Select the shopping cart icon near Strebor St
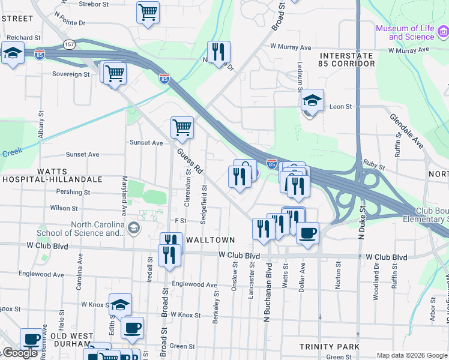(148, 12)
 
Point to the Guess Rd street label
(191, 161)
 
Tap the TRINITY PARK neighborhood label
(330, 347)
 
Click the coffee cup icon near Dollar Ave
(308, 233)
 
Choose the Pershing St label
(73, 193)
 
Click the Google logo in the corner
(20, 353)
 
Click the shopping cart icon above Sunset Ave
(182, 127)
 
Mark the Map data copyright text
(411, 355)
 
